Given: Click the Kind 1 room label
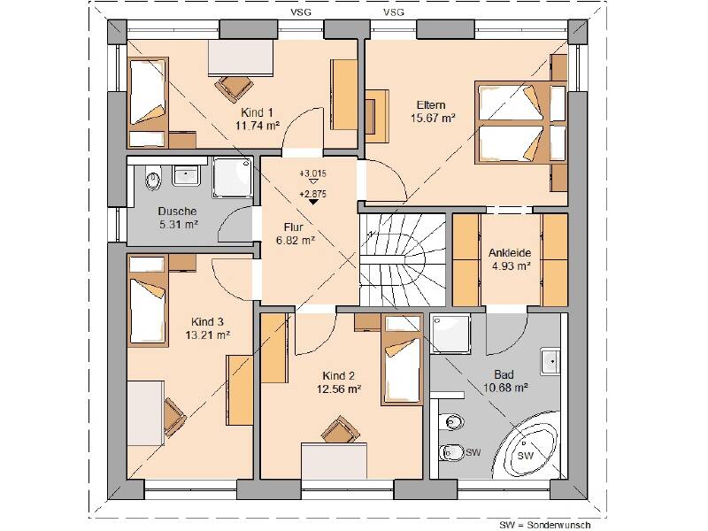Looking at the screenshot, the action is click(257, 112).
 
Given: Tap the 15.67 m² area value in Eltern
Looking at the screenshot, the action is click(433, 119).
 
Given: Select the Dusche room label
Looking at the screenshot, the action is click(178, 211).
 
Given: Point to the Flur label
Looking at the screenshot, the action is click(294, 227).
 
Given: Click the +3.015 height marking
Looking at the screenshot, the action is click(312, 173).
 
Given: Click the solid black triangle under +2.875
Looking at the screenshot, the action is click(313, 202).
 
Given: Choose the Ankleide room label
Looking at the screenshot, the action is click(510, 253).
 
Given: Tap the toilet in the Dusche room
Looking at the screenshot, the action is click(153, 179).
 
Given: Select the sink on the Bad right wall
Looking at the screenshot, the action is click(550, 361).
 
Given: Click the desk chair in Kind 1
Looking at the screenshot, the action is click(234, 88).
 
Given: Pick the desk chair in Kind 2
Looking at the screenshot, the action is click(341, 429).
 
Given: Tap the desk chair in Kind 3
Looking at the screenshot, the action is click(174, 416).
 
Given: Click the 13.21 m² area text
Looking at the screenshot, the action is click(208, 335).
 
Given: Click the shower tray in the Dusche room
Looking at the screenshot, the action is click(233, 177).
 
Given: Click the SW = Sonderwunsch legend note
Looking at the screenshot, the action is click(545, 525).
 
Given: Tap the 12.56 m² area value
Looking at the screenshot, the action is click(339, 389).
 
